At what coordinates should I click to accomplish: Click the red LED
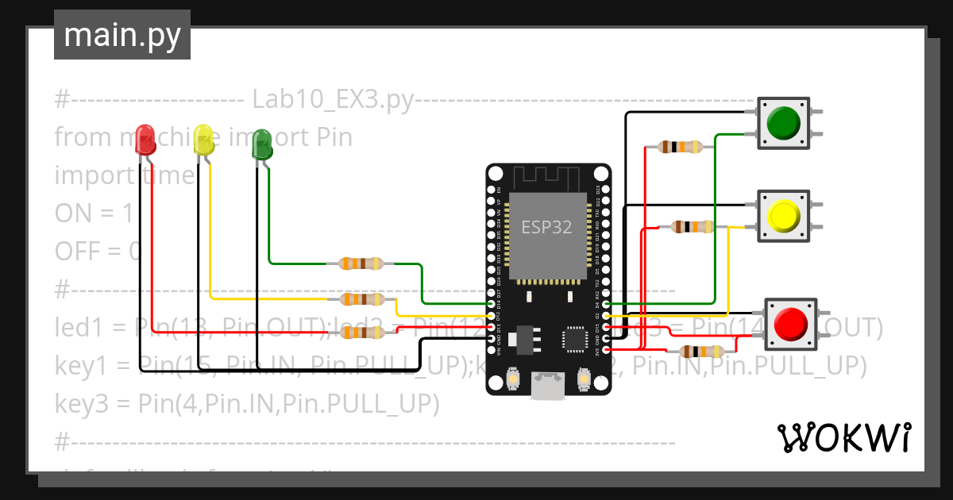point(145,136)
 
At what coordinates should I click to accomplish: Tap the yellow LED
point(204,140)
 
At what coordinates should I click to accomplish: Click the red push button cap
point(791,324)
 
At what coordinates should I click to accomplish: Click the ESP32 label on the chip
point(546,228)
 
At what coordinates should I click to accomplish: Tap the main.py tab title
point(122,35)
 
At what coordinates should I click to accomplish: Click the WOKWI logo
point(843,437)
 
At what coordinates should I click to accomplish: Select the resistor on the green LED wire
point(361,263)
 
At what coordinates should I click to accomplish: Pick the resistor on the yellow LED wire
point(361,299)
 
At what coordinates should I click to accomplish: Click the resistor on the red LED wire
point(361,334)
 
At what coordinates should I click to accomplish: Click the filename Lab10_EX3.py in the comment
point(333,100)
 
